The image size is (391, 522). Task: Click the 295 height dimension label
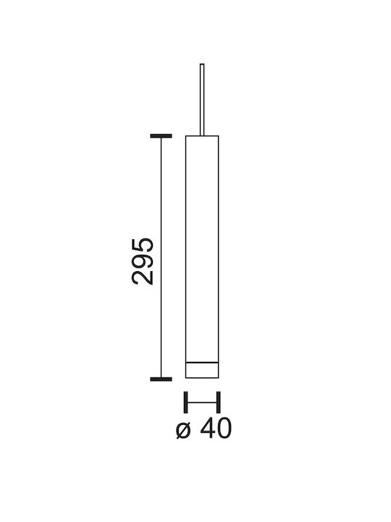click(x=143, y=261)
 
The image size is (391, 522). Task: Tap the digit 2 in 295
click(x=143, y=278)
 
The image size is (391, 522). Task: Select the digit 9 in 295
click(x=143, y=261)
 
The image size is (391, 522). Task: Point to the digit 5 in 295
click(x=143, y=245)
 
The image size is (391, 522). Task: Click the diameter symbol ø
click(x=184, y=430)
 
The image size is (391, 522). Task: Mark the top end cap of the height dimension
click(x=161, y=136)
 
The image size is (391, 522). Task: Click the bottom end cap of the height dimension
click(x=161, y=379)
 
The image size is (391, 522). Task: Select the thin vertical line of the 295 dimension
click(x=161, y=257)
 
